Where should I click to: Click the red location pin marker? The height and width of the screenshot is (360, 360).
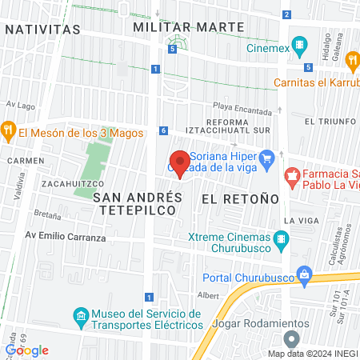[x=181, y=162]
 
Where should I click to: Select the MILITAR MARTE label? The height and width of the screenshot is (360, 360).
[x=189, y=27]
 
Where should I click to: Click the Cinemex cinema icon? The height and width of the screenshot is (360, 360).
[x=299, y=45]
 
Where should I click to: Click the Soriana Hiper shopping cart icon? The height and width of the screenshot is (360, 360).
[x=269, y=158]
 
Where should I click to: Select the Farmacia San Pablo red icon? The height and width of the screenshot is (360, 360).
[x=293, y=174]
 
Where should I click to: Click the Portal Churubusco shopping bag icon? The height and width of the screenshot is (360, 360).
[x=304, y=274]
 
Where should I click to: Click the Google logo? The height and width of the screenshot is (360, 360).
[x=27, y=350]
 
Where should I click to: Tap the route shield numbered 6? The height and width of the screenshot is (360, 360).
[x=163, y=130]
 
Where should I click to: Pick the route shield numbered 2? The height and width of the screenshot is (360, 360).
[x=286, y=14]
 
